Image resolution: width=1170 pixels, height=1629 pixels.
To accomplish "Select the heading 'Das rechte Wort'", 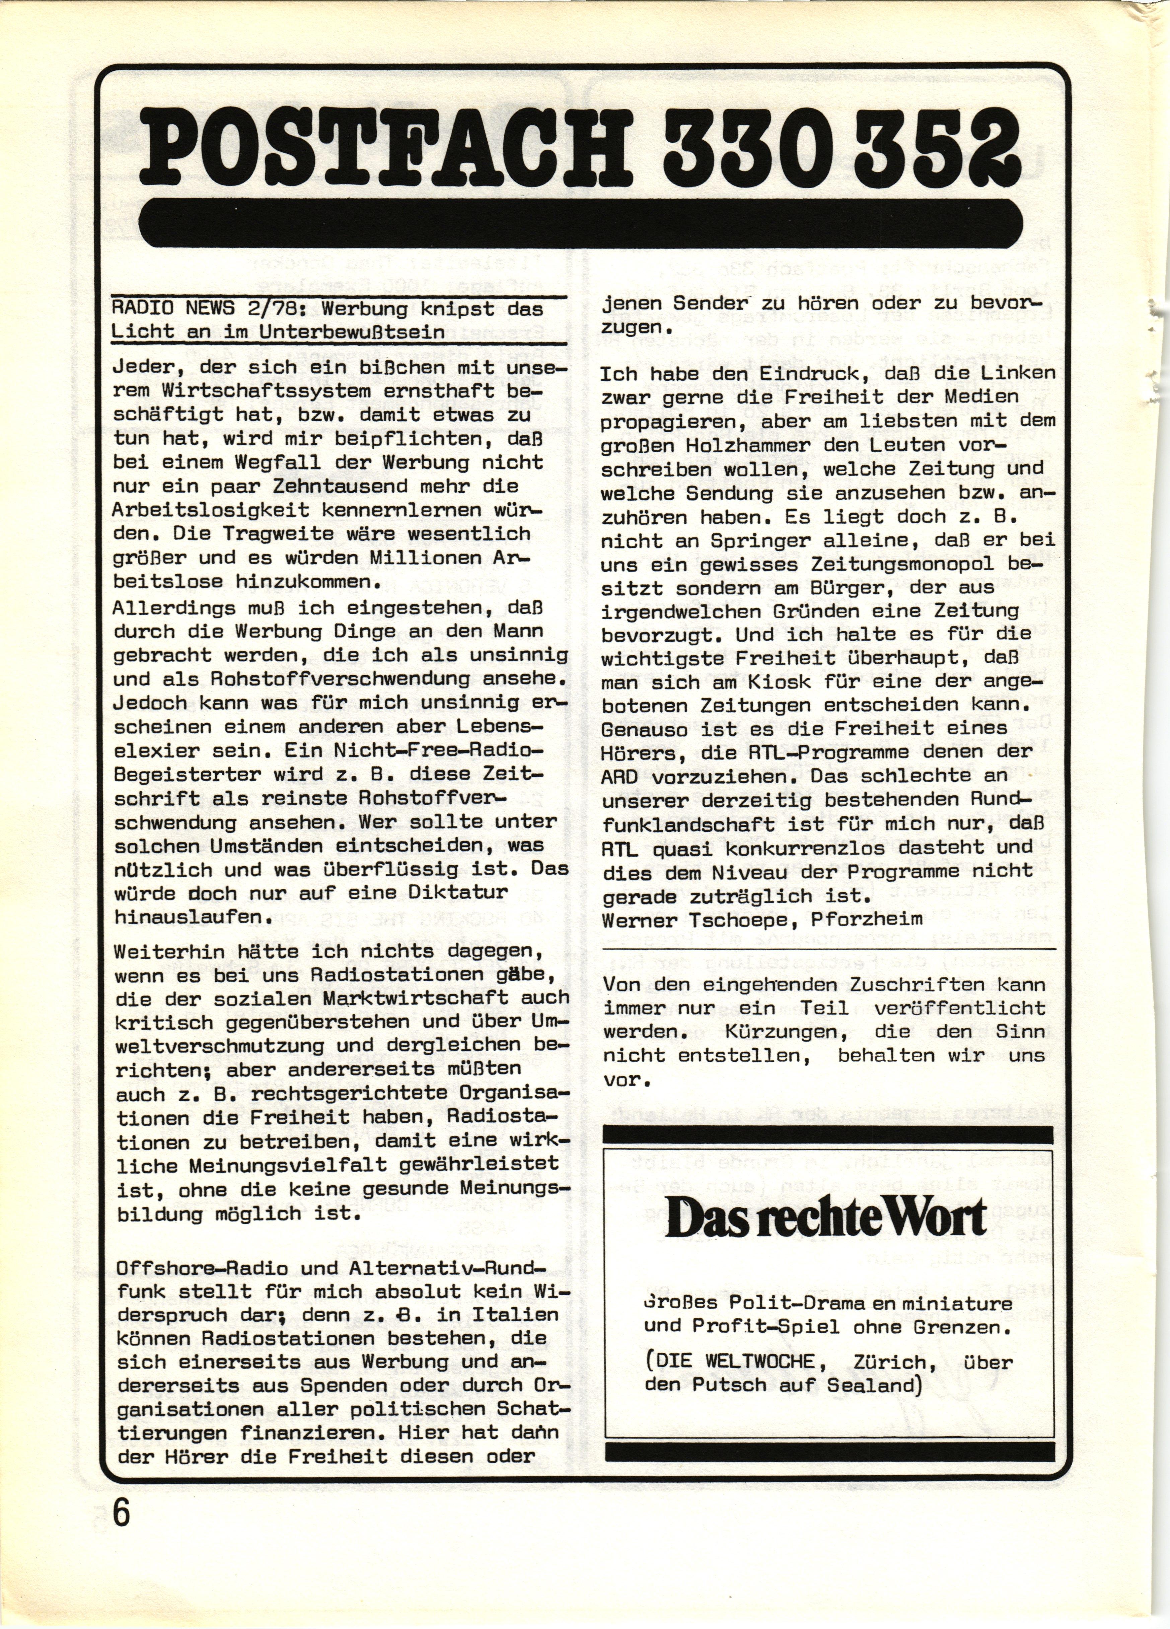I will click(826, 1219).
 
